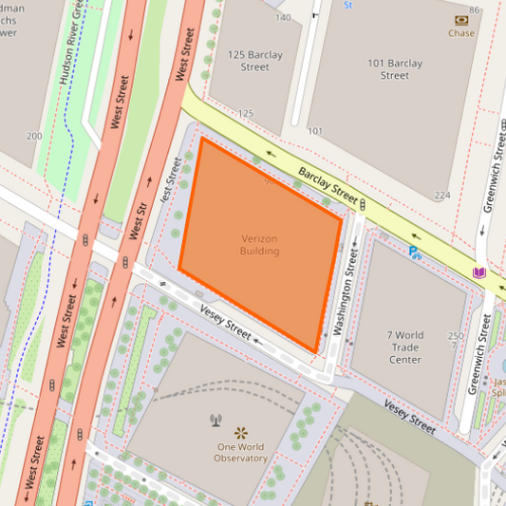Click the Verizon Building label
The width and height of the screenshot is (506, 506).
coord(259,245)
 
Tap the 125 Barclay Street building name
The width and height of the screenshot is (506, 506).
coord(254,61)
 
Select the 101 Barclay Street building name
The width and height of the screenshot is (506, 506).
coord(394,68)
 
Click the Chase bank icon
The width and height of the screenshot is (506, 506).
coord(461,19)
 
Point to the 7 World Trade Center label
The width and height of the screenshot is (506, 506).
coord(405,347)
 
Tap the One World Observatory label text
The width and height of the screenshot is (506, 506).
coord(241,452)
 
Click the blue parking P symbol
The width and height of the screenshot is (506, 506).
coord(414,252)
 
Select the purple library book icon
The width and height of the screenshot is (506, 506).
coord(478,273)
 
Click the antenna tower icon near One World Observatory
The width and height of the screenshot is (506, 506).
coord(216,419)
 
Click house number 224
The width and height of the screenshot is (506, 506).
coord(441,196)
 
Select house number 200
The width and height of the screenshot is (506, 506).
coord(34,137)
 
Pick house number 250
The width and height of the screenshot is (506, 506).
coord(456,336)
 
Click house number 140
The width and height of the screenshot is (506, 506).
coord(283,18)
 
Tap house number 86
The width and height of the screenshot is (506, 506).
coord(475,9)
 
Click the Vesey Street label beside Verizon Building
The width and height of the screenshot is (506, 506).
coord(226,323)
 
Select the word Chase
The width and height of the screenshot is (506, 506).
coord(461,33)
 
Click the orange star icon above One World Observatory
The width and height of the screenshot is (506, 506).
coord(240,432)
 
